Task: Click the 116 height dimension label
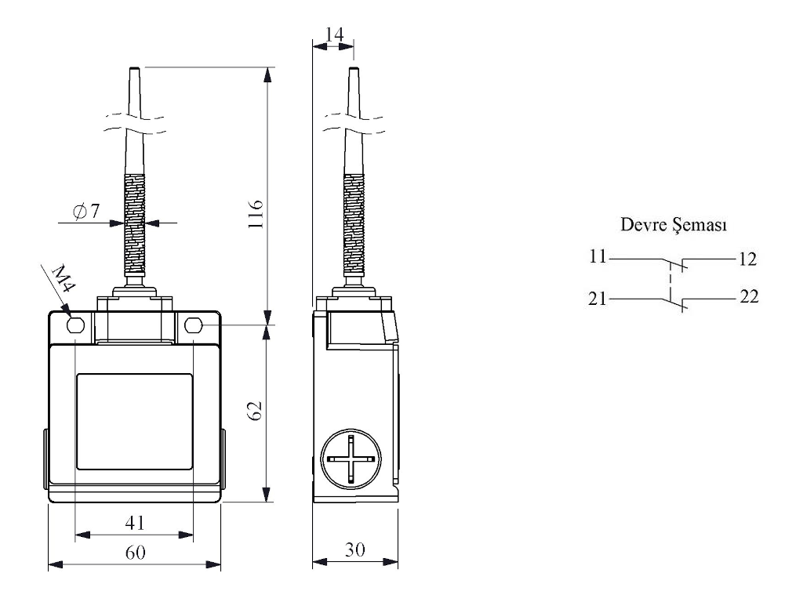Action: [256, 215]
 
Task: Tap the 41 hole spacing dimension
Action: [135, 523]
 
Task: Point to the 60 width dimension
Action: [136, 553]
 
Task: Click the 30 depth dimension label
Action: [355, 549]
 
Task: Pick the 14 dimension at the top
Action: [334, 34]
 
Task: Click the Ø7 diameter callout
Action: [86, 210]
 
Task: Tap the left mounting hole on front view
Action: [75, 325]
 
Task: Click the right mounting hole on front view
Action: [193, 325]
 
